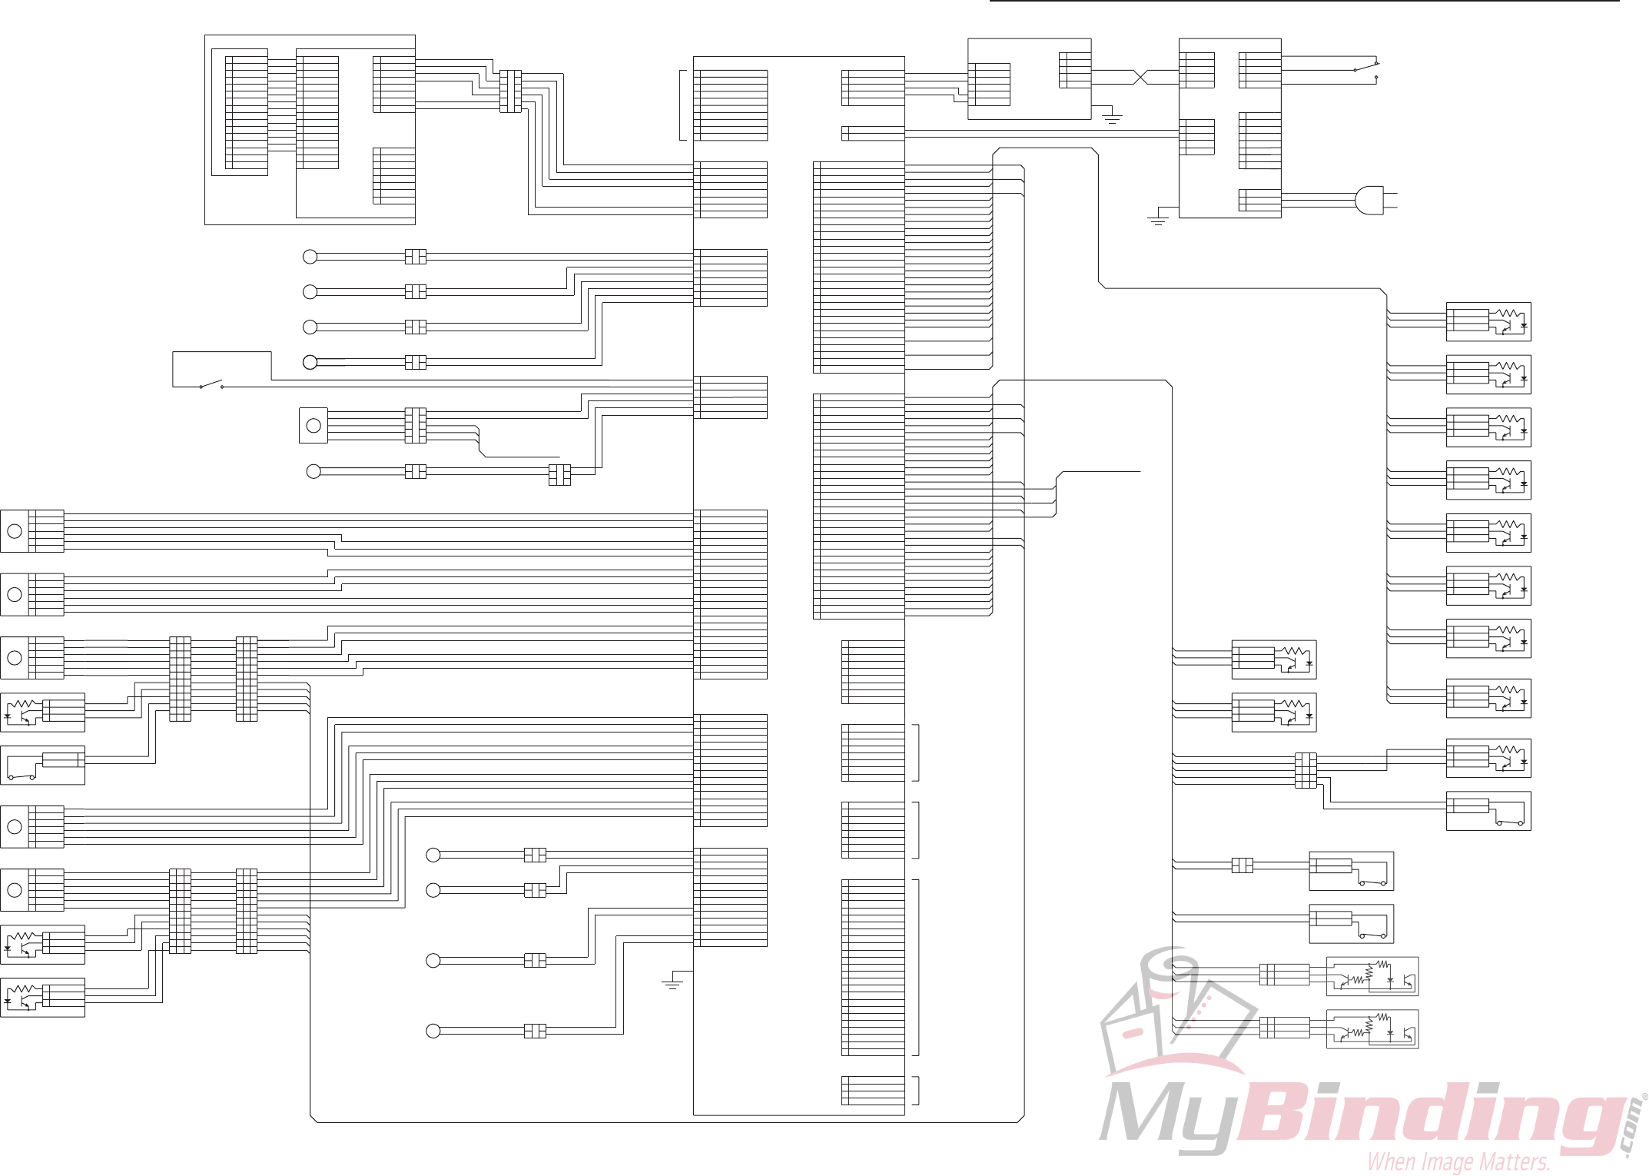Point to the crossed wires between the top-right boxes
click(x=1140, y=77)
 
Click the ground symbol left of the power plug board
click(x=1157, y=221)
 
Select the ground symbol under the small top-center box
click(x=1112, y=118)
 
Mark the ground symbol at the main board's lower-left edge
click(x=672, y=983)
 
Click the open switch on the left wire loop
click(x=211, y=384)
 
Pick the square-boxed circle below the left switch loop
click(x=314, y=425)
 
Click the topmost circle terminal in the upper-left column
click(x=310, y=257)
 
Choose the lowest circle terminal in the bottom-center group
click(x=433, y=1031)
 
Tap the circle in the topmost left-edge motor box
click(x=15, y=531)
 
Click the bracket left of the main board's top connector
click(x=682, y=105)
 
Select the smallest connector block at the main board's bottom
click(x=873, y=1090)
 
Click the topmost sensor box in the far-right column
click(x=1488, y=322)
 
